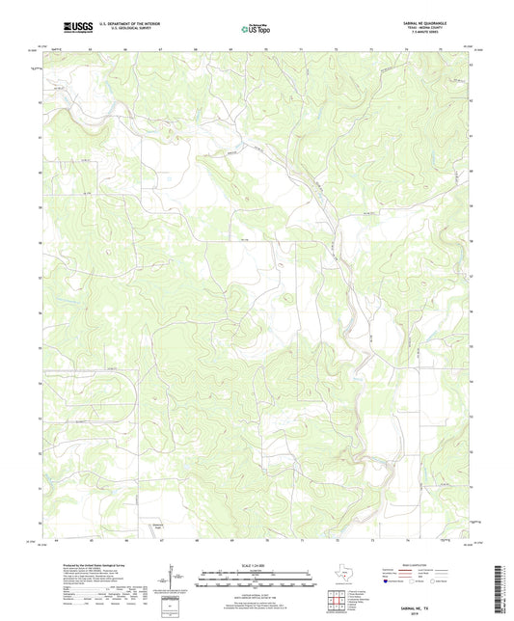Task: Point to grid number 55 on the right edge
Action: click(x=471, y=346)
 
